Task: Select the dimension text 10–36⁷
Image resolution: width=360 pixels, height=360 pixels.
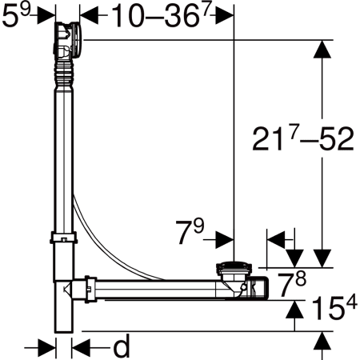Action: pyautogui.click(x=162, y=16)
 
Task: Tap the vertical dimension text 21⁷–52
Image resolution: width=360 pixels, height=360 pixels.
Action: pyautogui.click(x=303, y=138)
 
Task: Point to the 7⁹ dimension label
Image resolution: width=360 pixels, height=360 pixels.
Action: pyautogui.click(x=190, y=231)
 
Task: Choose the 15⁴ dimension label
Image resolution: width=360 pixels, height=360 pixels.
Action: pyautogui.click(x=334, y=308)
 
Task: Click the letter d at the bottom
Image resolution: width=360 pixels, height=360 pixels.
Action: pyautogui.click(x=122, y=346)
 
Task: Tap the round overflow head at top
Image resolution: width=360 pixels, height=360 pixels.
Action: pyautogui.click(x=68, y=40)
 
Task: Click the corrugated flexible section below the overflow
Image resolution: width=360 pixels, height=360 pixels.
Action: pyautogui.click(x=63, y=74)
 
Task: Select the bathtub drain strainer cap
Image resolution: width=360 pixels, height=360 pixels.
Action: pyautogui.click(x=234, y=268)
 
